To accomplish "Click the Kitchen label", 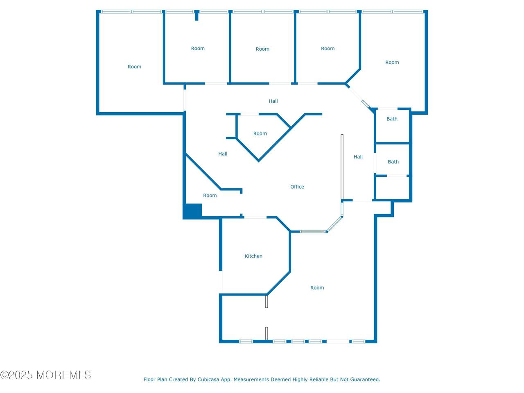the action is pyautogui.click(x=253, y=256).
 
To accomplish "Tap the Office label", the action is pyautogui.click(x=297, y=187).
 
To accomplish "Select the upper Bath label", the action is pyautogui.click(x=392, y=119).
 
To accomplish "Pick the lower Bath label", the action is pyautogui.click(x=393, y=162).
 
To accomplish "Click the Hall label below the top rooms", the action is pyautogui.click(x=273, y=101).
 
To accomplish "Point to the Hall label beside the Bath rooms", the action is pyautogui.click(x=358, y=157).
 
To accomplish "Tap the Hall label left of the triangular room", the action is pyautogui.click(x=223, y=154).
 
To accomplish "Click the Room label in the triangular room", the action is pyautogui.click(x=260, y=133).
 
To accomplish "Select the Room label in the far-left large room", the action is pyautogui.click(x=134, y=67).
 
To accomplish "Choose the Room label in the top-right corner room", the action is pyautogui.click(x=392, y=63).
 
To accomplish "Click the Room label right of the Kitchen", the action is pyautogui.click(x=317, y=288).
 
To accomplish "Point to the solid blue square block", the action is pyautogui.click(x=192, y=211).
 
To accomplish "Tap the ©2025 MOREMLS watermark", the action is pyautogui.click(x=45, y=375).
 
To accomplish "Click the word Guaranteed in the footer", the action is pyautogui.click(x=366, y=379).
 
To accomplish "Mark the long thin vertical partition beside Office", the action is pyautogui.click(x=342, y=167).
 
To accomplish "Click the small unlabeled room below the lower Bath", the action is pyautogui.click(x=393, y=188).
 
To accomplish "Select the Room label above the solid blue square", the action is pyautogui.click(x=210, y=195).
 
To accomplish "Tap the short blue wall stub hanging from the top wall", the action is pyautogui.click(x=196, y=16).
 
